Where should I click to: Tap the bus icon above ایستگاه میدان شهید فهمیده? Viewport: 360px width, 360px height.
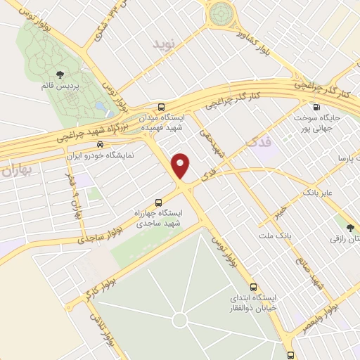pyautogui.click(x=162, y=107)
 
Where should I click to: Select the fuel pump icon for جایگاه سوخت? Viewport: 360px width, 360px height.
pyautogui.click(x=316, y=108)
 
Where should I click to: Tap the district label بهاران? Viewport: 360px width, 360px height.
pyautogui.click(x=16, y=171)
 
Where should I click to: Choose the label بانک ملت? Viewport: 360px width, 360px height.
pyautogui.click(x=274, y=231)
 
